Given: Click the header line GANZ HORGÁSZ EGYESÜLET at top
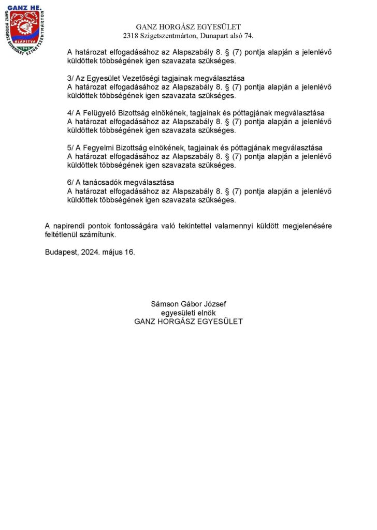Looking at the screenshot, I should click(188, 27).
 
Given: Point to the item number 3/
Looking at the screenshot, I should click(71, 78).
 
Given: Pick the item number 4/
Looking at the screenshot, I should click(71, 113).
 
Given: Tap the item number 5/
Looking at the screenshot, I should click(71, 148).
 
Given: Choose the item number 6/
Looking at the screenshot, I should click(71, 183).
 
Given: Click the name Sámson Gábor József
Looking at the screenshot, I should click(188, 304).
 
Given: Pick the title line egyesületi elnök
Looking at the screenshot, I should click(188, 313).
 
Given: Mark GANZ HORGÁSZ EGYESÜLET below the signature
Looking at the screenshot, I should click(188, 321).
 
